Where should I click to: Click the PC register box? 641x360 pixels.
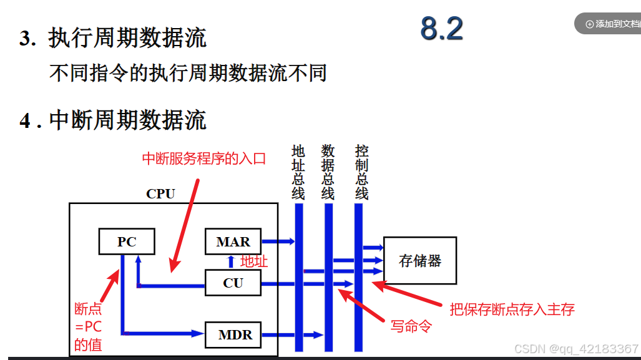127,241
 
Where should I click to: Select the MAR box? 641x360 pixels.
233,241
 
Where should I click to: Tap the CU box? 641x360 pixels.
233,283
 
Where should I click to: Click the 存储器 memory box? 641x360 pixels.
420,260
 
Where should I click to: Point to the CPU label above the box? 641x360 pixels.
160,193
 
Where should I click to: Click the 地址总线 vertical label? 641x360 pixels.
298,172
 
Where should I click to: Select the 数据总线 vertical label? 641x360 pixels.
328,172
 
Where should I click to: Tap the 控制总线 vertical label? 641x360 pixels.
361,172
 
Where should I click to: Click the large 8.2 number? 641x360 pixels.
441,29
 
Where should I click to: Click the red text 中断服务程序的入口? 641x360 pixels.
204,158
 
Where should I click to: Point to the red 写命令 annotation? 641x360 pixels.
411,326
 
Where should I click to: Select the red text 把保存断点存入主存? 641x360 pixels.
512,309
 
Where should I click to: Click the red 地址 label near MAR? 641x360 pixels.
254,261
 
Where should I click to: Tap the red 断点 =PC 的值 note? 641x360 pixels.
88,326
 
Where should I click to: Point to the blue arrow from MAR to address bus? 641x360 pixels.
278,241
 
